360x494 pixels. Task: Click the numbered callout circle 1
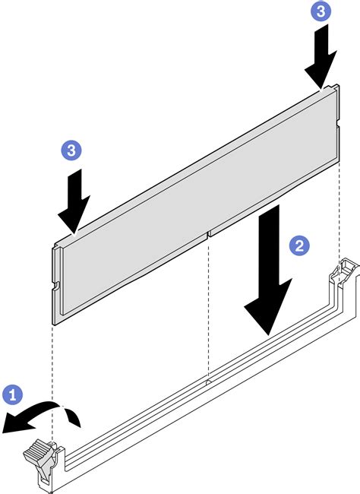(x=13, y=394)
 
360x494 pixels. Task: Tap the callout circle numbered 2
(x=299, y=245)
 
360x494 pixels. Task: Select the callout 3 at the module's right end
(x=321, y=11)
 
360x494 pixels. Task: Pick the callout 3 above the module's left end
(x=71, y=150)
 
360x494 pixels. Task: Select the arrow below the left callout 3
(x=74, y=201)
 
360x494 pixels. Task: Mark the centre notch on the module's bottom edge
(x=208, y=234)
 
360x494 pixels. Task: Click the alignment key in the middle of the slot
(x=208, y=382)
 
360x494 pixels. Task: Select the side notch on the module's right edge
(x=337, y=123)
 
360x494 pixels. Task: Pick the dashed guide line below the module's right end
(x=339, y=210)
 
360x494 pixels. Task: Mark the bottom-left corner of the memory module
(x=52, y=324)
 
